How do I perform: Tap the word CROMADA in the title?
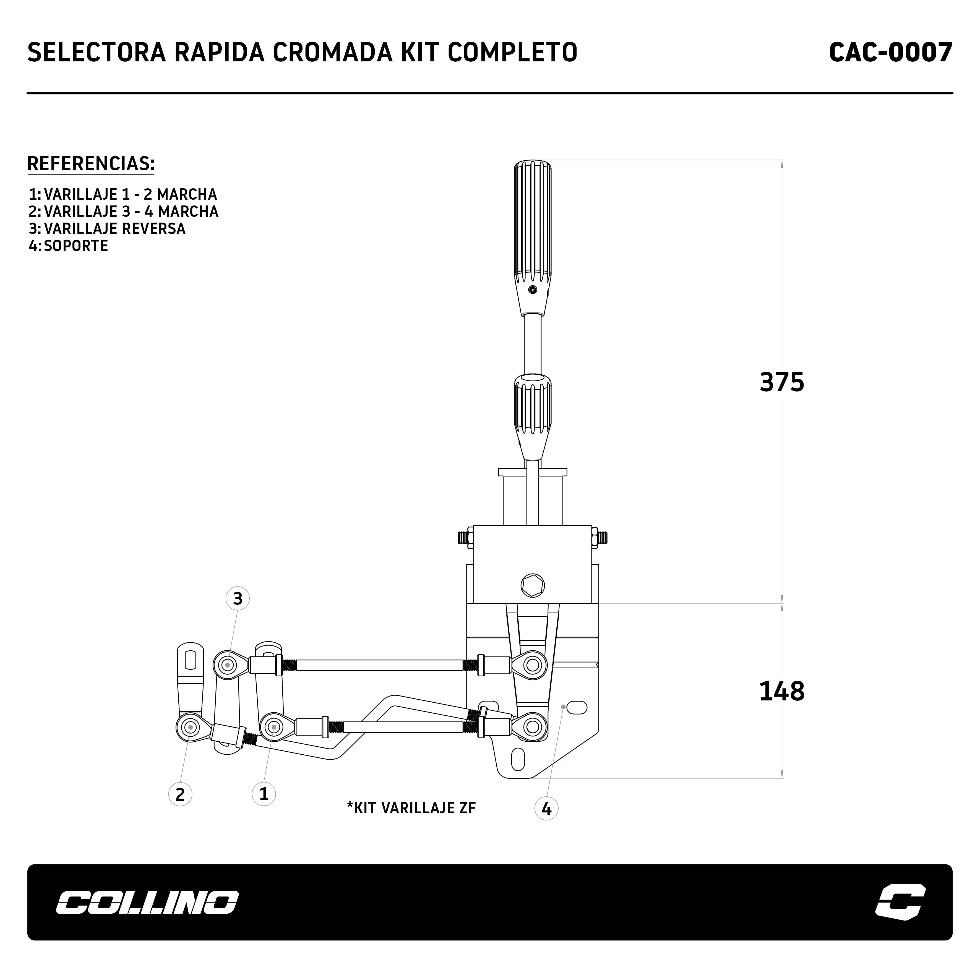click(333, 52)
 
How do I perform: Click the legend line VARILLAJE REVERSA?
click(115, 229)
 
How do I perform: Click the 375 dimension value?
click(782, 382)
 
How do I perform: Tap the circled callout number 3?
click(237, 599)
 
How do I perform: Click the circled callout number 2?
click(180, 794)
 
